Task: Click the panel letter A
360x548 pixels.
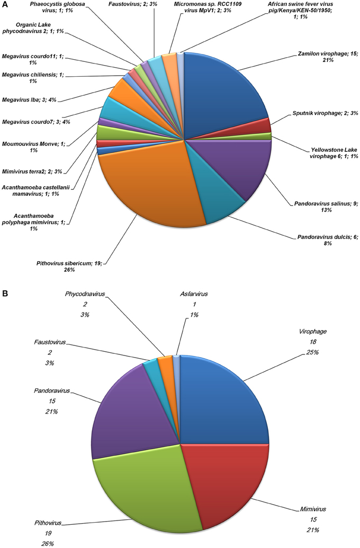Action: click(x=5, y=5)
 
